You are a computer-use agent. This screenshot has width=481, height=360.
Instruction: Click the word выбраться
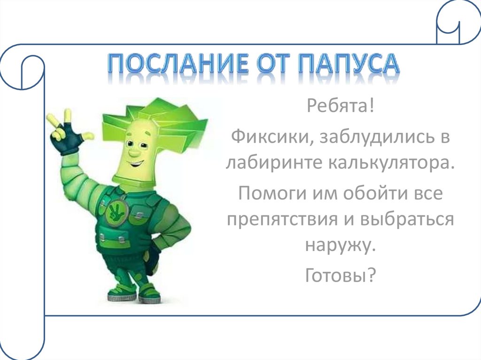(x=408, y=219)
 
